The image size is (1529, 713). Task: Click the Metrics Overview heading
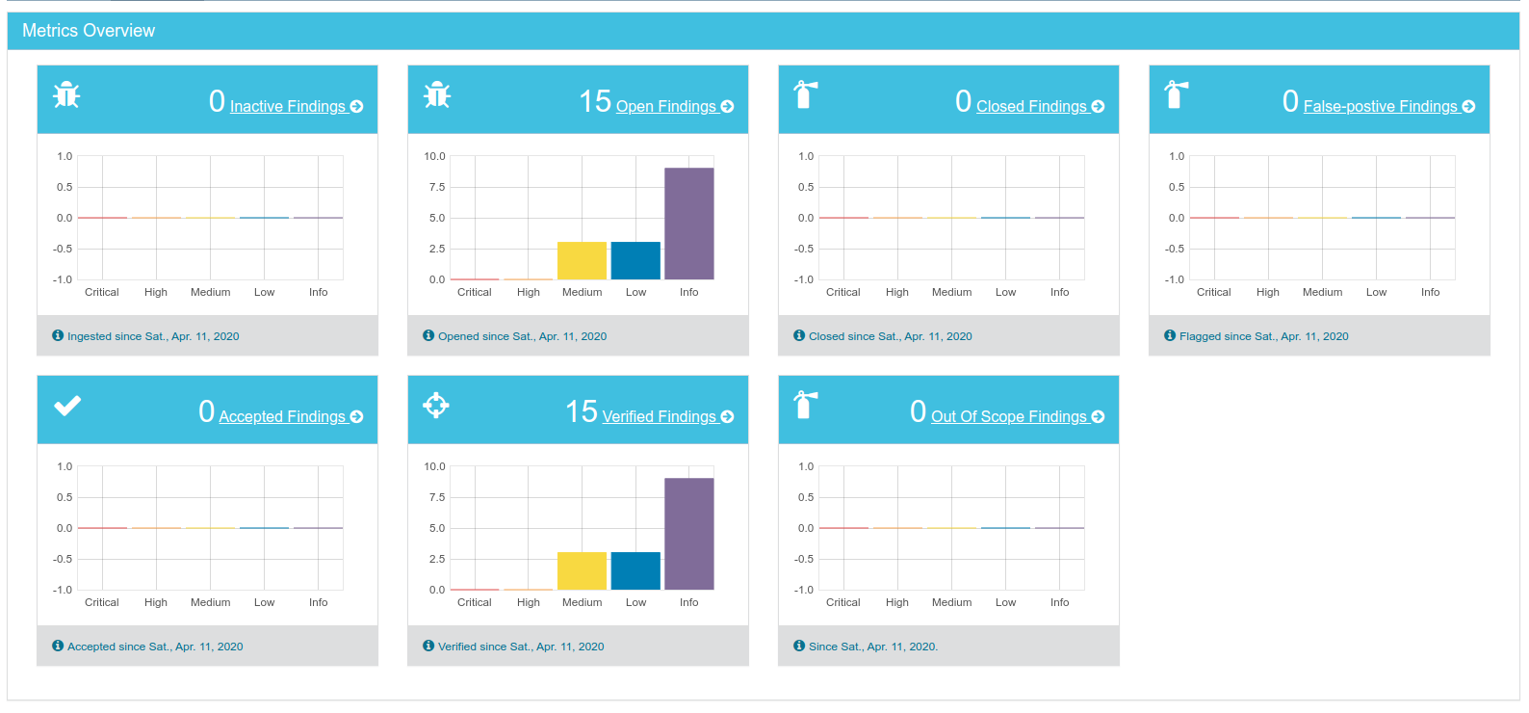click(x=89, y=31)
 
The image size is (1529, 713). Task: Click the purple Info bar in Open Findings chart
click(x=689, y=224)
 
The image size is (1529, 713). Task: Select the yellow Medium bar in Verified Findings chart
click(x=582, y=571)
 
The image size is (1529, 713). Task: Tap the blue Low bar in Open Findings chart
click(x=635, y=261)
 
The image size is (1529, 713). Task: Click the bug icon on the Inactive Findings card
click(x=66, y=94)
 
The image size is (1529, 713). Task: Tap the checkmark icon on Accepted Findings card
click(x=67, y=406)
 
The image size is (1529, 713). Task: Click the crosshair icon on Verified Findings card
click(x=436, y=406)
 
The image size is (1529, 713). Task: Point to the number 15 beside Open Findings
click(x=595, y=102)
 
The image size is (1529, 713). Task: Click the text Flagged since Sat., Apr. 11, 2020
click(x=1263, y=336)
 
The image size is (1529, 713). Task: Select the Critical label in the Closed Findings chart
click(x=842, y=292)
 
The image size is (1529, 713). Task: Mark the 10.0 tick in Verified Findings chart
click(x=435, y=466)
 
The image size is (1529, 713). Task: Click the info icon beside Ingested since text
click(x=58, y=335)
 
